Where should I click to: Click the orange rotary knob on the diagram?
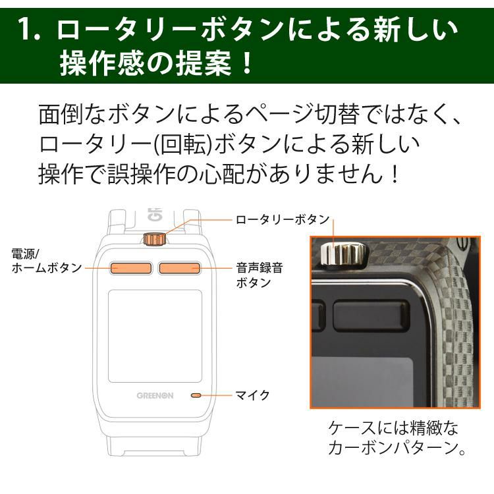(155, 238)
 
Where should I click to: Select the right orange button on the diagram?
(179, 267)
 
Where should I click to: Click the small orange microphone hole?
(196, 395)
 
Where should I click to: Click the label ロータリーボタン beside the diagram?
(282, 219)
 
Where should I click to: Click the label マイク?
(252, 395)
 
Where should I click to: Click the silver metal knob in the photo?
(339, 252)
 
